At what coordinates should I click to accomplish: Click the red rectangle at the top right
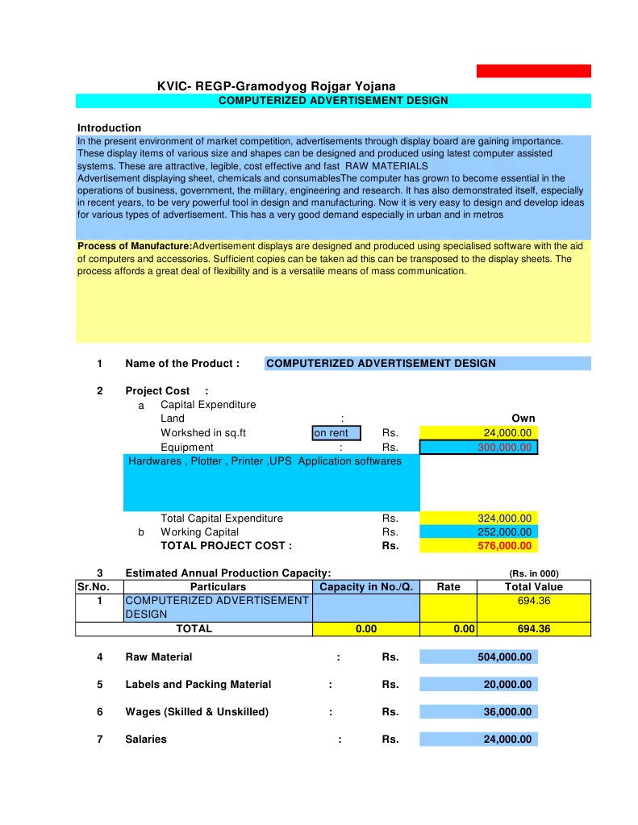point(533,71)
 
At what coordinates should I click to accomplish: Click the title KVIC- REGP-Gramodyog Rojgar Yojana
point(276,86)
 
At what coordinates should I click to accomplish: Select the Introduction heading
point(109,127)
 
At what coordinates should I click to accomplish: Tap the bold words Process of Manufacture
point(135,246)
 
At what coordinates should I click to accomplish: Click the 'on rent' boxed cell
point(336,433)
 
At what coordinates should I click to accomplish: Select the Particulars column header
point(218,586)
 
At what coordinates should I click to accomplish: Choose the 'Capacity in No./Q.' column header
point(366,586)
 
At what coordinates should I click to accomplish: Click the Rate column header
point(448,586)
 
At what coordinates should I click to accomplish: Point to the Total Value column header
point(533,586)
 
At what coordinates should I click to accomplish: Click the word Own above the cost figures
point(523,419)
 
